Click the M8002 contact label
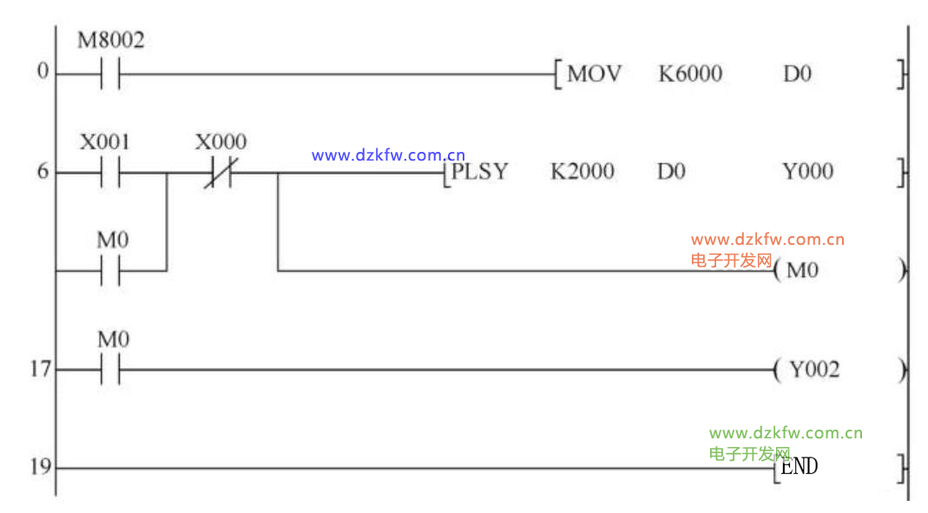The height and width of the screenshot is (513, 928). click(110, 40)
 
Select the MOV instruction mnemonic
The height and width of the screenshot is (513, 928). click(594, 74)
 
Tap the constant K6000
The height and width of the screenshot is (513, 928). click(690, 74)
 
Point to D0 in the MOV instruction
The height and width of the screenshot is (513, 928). click(797, 74)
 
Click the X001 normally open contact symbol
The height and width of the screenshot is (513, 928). click(110, 173)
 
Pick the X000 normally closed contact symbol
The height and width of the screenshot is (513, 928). click(220, 173)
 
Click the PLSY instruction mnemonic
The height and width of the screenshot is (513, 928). click(479, 172)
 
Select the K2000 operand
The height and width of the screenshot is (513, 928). click(582, 172)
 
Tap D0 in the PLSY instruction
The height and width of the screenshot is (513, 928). click(671, 172)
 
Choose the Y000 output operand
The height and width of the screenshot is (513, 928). click(808, 172)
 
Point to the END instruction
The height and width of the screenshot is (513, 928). click(799, 467)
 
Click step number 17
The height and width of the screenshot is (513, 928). click(41, 369)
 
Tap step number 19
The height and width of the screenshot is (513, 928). click(41, 468)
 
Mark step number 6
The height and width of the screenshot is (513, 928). click(43, 172)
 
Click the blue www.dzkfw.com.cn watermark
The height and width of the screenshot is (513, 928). click(388, 155)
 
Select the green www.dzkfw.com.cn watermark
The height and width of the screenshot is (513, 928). click(786, 433)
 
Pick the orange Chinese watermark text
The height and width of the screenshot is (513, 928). click(732, 260)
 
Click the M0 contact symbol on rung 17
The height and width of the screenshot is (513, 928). click(110, 369)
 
